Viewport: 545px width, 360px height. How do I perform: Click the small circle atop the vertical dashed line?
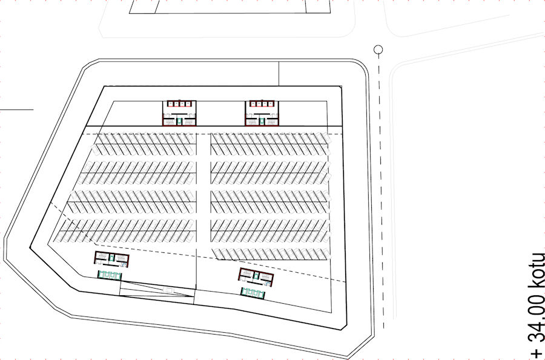click(378, 50)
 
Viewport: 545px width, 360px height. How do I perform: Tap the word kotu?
click(536, 267)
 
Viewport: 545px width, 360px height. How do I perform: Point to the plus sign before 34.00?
click(536, 353)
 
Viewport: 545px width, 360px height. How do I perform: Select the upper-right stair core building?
click(262, 113)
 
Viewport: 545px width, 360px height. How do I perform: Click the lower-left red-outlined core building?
click(112, 260)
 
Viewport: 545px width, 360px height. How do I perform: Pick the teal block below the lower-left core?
click(110, 275)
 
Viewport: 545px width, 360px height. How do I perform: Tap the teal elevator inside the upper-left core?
click(179, 121)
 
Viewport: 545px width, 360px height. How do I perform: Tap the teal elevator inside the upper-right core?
click(262, 121)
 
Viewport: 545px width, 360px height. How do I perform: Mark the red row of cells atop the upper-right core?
click(262, 104)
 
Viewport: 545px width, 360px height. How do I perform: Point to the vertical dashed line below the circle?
click(378, 182)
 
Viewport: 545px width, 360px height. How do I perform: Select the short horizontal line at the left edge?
click(16, 110)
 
